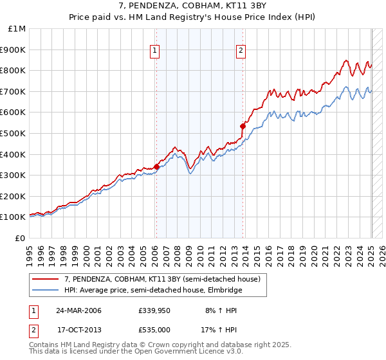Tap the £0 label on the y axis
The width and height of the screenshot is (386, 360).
[x=20, y=238]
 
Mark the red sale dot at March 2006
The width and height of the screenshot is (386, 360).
[x=156, y=166]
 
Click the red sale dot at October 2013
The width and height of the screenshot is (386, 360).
[x=243, y=126]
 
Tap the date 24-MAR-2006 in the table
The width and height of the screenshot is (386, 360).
[x=78, y=310]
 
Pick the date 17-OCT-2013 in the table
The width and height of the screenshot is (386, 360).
[x=78, y=330]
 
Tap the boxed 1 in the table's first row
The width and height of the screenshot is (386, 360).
[x=33, y=310]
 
